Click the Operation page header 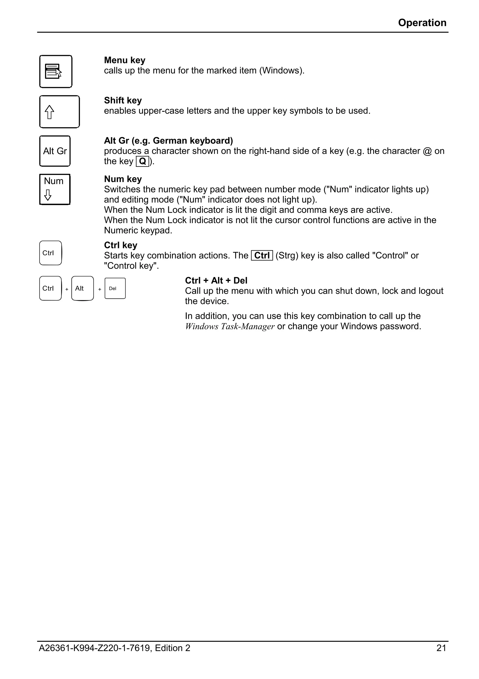[422, 23]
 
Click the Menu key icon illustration [56, 71]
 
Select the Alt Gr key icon [55, 151]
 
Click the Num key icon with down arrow [55, 189]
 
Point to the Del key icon [115, 288]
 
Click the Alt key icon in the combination [82, 288]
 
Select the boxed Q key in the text [142, 161]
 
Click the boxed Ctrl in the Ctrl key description [262, 256]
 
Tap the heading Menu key [125, 60]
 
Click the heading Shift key [123, 100]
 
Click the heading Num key [123, 179]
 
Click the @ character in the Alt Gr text [427, 151]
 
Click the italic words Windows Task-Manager [230, 327]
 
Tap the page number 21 [441, 648]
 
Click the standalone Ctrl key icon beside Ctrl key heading [51, 253]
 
